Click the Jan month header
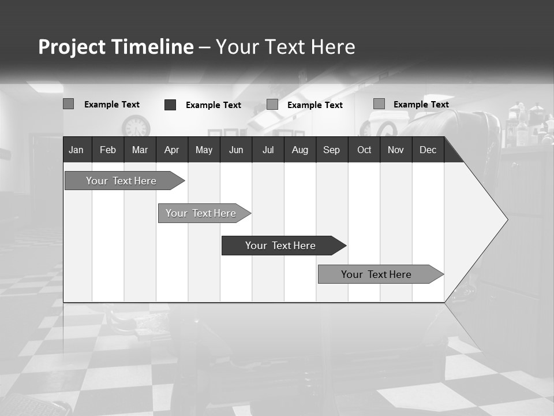76,150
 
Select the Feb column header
108,150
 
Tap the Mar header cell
140,150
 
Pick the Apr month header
171,150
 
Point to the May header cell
204,150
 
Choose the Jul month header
268,150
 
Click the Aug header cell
300,150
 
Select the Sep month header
331,150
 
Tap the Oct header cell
364,150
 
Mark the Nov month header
396,150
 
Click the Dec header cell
428,150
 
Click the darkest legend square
170,105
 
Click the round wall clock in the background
136,127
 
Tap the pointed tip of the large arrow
506,220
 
